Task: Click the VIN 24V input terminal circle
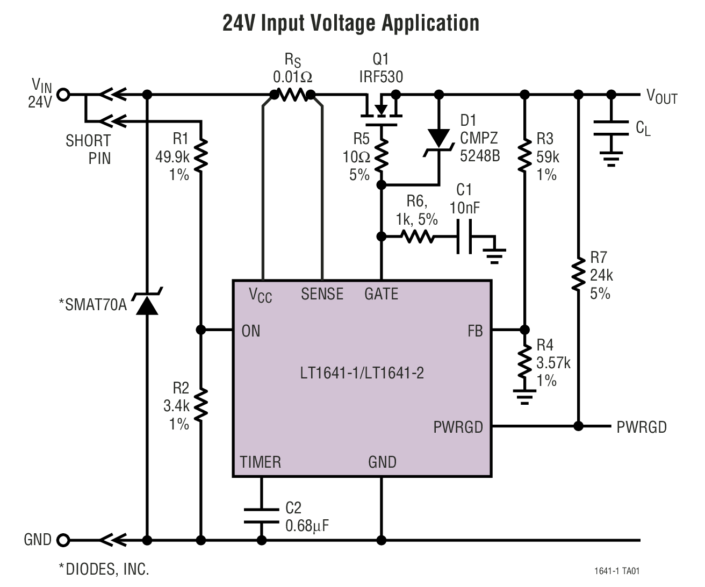point(63,95)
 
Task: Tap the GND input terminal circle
point(63,540)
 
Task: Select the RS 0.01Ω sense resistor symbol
point(292,95)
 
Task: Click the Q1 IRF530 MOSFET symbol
point(382,108)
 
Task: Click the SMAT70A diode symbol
point(147,304)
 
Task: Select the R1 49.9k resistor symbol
point(200,154)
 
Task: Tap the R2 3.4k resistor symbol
point(200,405)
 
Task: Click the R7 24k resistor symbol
point(578,274)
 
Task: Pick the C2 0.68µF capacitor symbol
point(262,515)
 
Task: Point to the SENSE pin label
point(322,294)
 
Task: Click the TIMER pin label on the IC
point(260,462)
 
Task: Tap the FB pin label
point(475,331)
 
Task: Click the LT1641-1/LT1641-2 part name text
point(362,372)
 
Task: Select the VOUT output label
point(661,96)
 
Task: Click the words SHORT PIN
point(89,149)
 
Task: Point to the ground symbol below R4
point(524,398)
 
